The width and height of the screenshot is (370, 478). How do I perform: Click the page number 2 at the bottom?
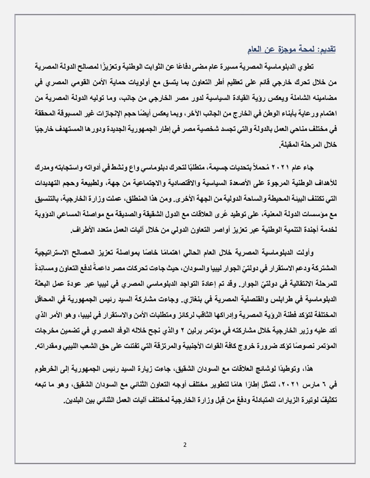click(185, 445)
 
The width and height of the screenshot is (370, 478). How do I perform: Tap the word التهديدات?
click(51, 183)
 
